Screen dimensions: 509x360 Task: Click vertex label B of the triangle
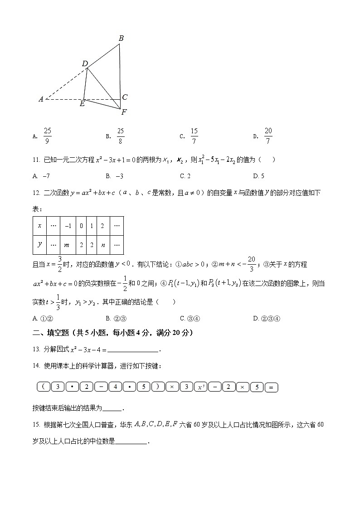tap(121, 39)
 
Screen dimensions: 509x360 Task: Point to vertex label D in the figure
tap(85, 64)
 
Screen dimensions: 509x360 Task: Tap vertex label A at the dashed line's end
tap(41, 99)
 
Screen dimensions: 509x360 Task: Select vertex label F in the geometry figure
tap(124, 112)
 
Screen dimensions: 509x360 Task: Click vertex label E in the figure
tap(82, 104)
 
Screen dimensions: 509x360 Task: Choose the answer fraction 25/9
tap(48, 136)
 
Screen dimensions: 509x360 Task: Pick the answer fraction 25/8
tap(120, 136)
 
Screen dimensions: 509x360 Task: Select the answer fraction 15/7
tap(194, 136)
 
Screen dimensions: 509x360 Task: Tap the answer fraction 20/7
tap(268, 136)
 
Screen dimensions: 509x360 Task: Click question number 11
tap(37, 160)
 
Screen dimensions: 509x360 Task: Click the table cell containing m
tap(67, 245)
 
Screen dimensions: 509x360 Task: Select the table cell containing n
tap(103, 245)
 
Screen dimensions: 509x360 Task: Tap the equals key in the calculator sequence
tap(271, 387)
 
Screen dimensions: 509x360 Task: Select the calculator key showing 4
tap(115, 387)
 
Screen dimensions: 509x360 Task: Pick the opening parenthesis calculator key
tap(43, 387)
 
